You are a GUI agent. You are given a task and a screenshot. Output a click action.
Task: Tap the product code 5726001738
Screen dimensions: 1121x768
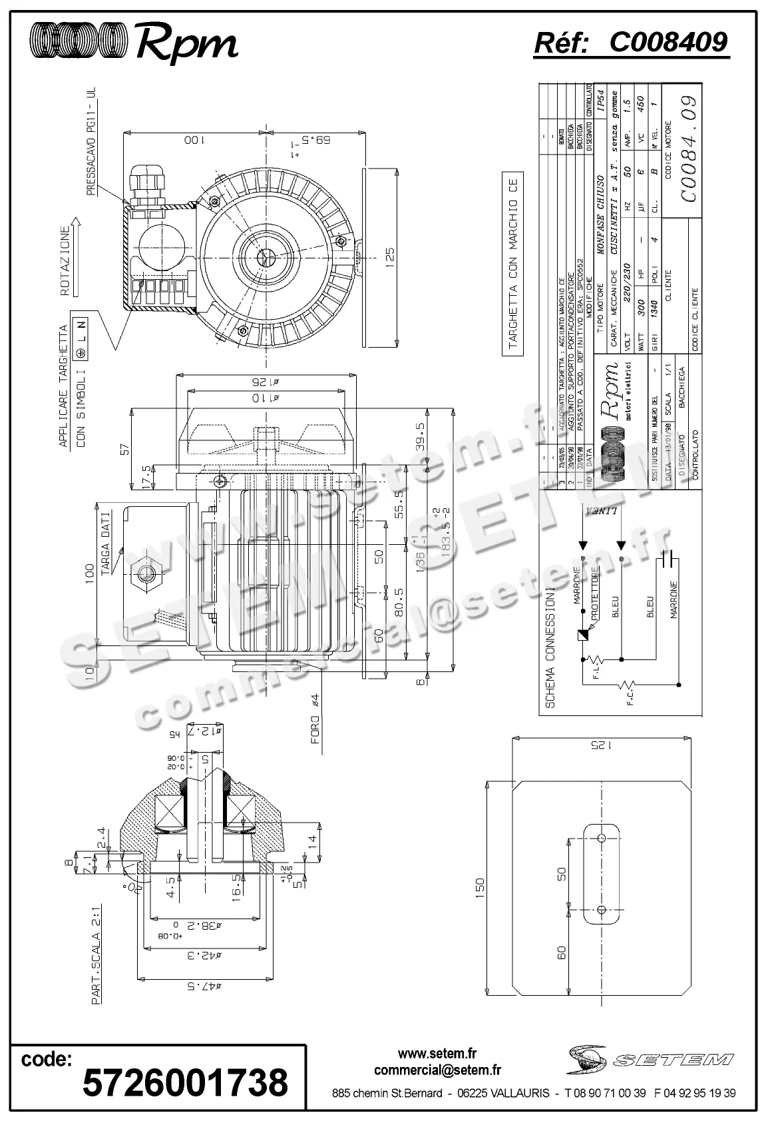click(185, 1081)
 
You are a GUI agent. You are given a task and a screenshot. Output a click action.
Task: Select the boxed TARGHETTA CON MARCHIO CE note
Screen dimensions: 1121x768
click(512, 264)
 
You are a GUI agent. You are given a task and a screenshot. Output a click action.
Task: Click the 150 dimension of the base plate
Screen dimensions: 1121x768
click(481, 885)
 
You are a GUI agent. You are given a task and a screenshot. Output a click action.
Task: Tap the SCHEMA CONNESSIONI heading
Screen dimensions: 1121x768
click(549, 647)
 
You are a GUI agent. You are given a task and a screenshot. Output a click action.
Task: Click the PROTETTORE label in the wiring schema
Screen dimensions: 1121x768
click(596, 592)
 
